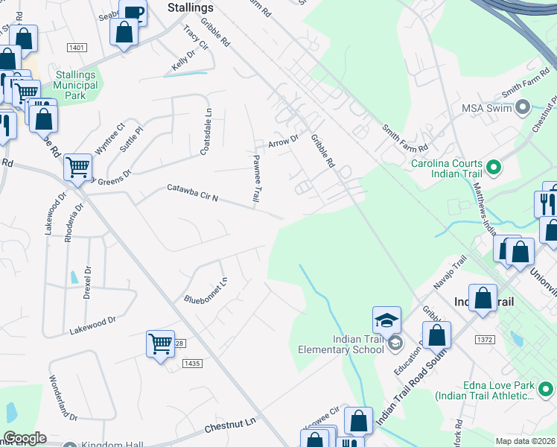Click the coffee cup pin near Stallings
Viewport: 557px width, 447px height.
coord(133,13)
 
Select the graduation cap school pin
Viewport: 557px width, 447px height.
coord(386,321)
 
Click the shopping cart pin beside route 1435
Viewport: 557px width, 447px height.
coord(160,344)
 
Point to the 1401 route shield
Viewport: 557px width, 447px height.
coord(77,47)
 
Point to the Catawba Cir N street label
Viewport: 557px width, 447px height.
coord(192,193)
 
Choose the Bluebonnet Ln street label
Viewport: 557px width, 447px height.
coord(206,290)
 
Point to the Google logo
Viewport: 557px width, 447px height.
coord(25,438)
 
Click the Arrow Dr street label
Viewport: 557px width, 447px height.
coord(283,140)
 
